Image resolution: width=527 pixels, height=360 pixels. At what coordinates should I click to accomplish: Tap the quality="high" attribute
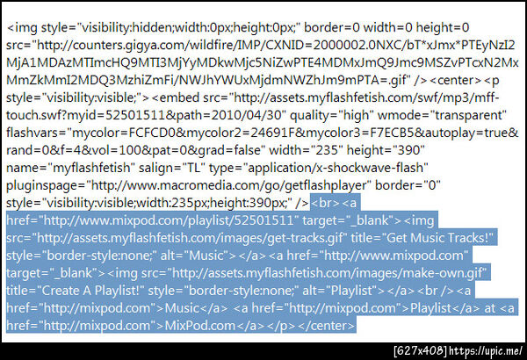coord(332,115)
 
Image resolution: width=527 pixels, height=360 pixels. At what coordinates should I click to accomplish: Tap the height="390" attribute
coord(386,150)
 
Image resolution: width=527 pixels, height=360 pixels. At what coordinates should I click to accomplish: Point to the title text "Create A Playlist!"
coord(90,291)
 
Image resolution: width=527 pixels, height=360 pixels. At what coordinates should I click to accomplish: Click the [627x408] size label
coord(420,351)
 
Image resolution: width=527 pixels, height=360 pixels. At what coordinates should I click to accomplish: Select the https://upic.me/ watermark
coord(486,351)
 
